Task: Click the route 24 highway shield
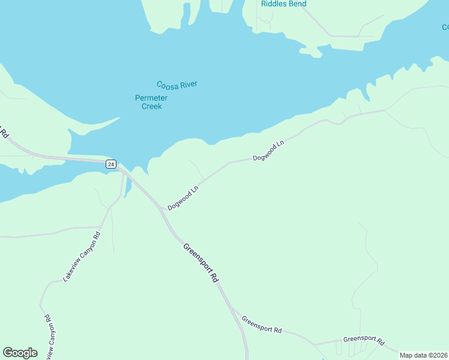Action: (x=110, y=164)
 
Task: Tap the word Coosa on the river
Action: (x=167, y=85)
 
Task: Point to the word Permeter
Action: (x=151, y=98)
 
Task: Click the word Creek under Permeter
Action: (x=151, y=106)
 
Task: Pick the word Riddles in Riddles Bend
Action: (x=274, y=4)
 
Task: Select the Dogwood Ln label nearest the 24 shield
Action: (x=183, y=199)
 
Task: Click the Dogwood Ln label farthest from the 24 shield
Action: (x=268, y=151)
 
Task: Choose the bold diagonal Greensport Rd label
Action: (x=200, y=263)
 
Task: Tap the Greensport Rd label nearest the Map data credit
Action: (x=364, y=340)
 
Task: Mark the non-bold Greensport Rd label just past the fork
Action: (x=262, y=324)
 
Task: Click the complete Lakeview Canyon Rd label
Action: (x=82, y=256)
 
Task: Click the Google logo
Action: (x=20, y=353)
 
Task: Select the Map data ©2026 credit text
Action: (x=424, y=355)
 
